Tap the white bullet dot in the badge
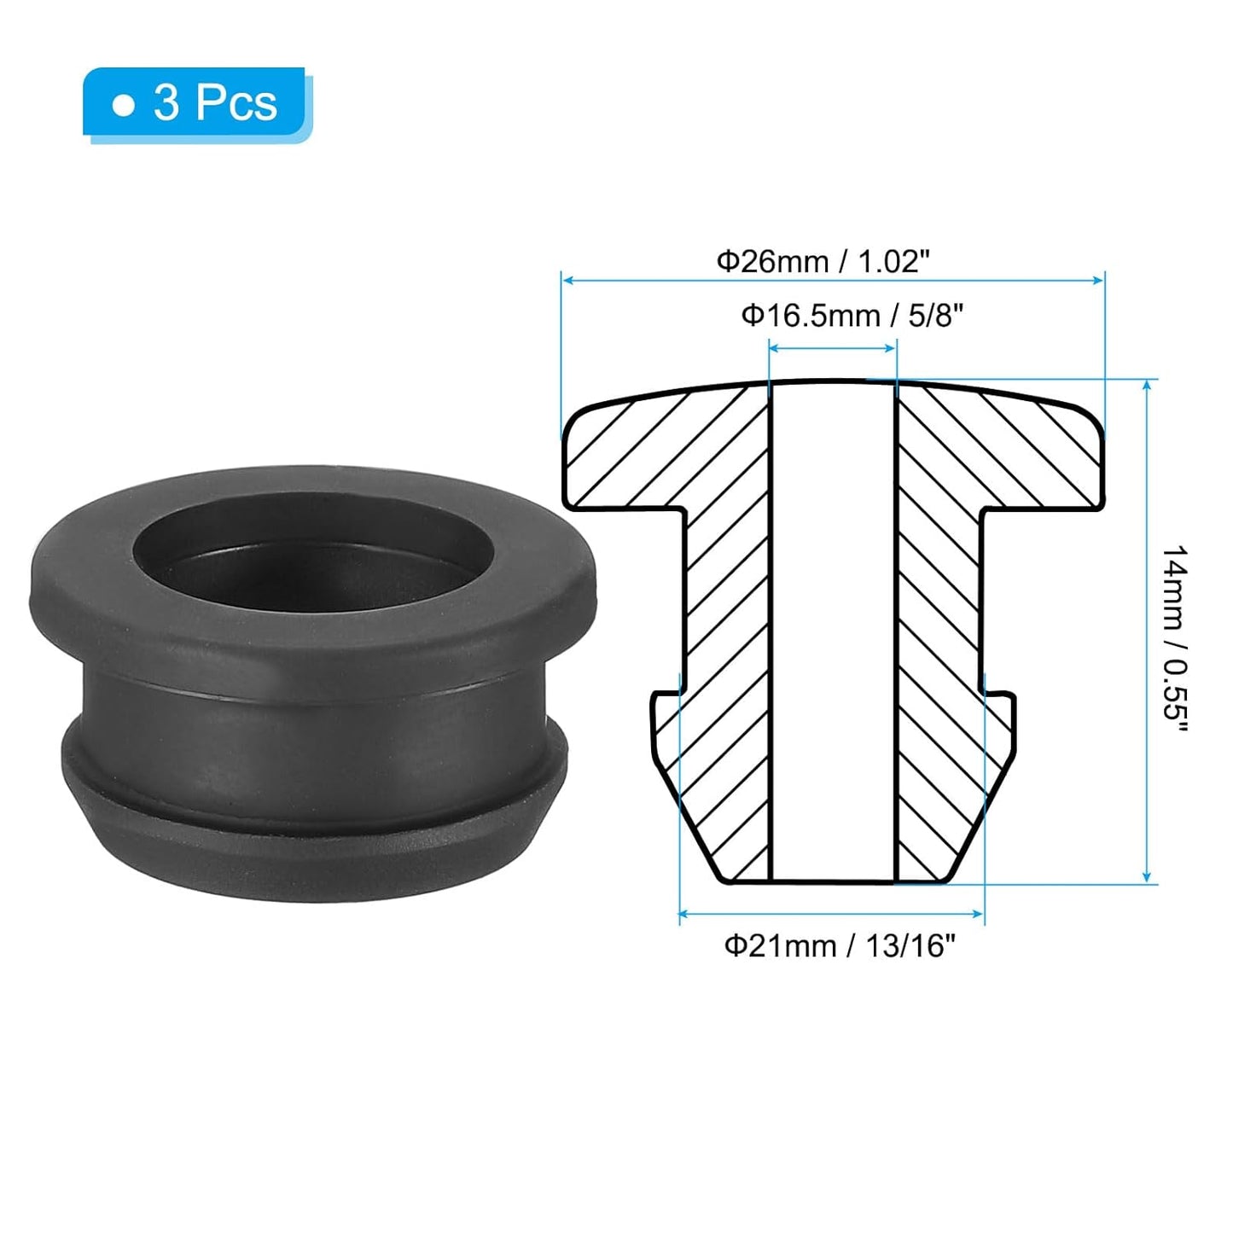(125, 106)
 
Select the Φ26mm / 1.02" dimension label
(823, 261)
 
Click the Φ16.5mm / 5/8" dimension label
(852, 316)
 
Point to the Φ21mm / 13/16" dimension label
(840, 945)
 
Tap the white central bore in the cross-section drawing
(833, 631)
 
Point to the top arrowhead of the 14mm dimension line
(1147, 387)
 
